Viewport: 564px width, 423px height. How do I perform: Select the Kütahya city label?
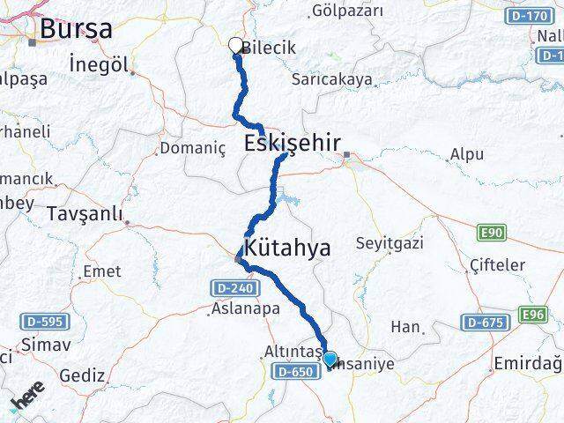(287, 249)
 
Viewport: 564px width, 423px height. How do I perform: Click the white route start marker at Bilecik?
(235, 45)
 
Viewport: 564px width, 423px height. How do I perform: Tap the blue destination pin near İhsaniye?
(330, 359)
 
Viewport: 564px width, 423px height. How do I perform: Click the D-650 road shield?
(295, 372)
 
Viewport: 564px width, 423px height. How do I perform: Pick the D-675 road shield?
(486, 323)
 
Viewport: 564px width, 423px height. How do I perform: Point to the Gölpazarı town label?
(348, 11)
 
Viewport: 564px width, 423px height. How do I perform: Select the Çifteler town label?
(497, 265)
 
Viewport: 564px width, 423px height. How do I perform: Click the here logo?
(27, 400)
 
